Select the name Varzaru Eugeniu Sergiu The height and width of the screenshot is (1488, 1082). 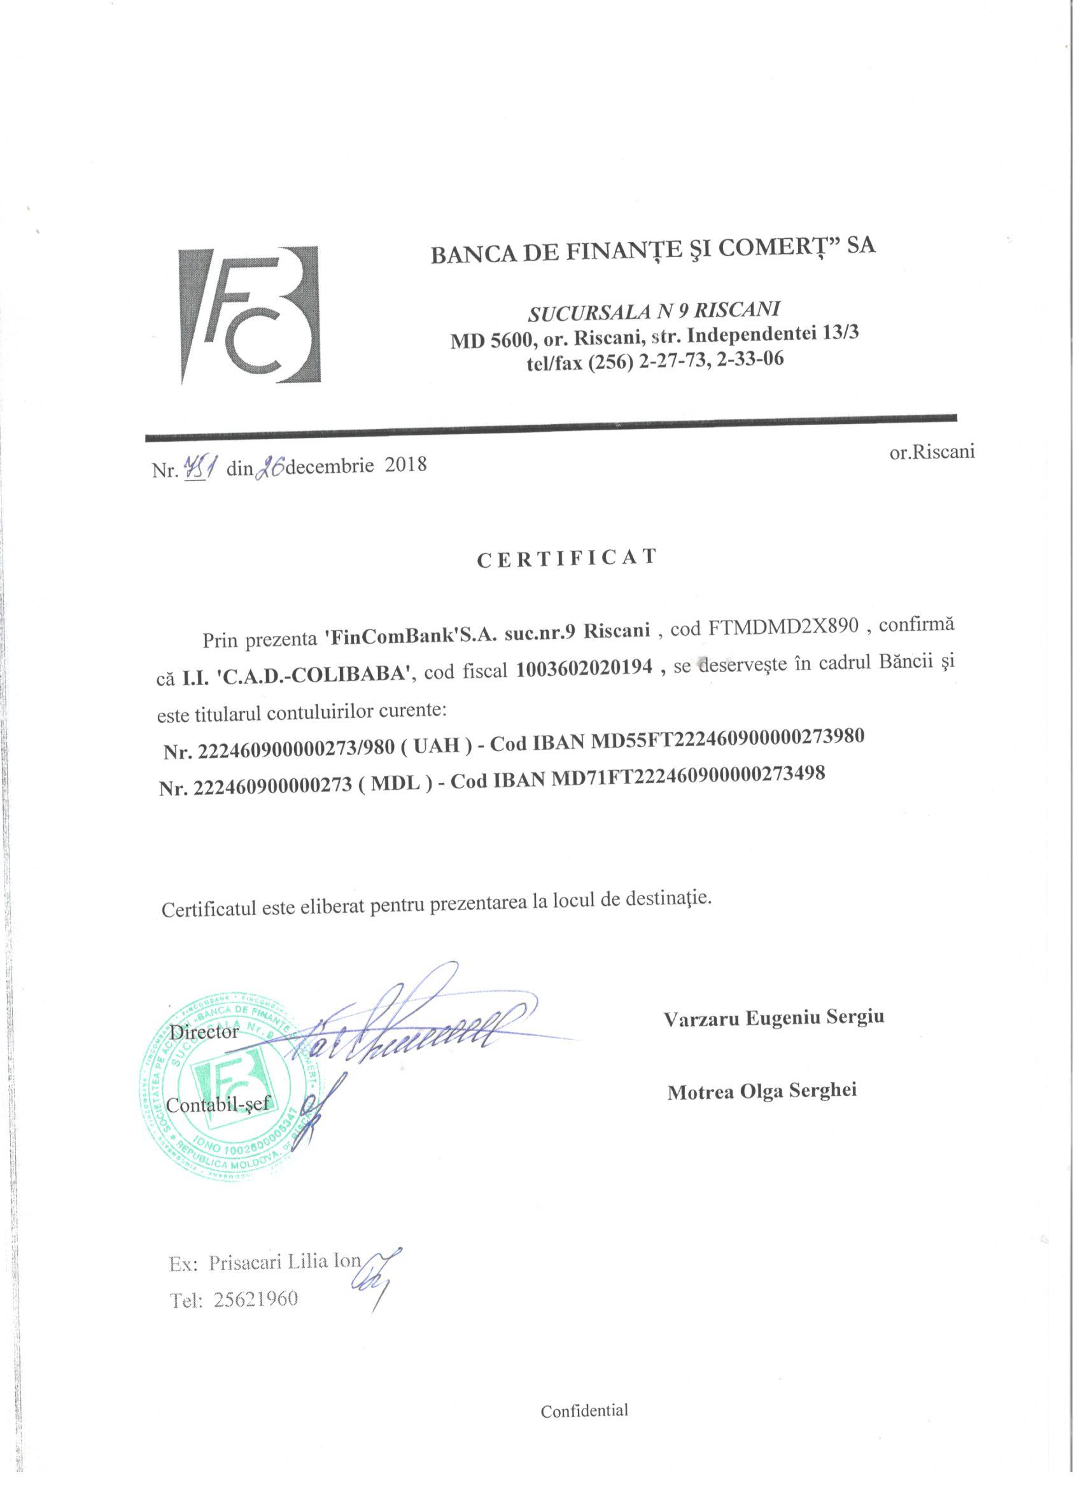773,1018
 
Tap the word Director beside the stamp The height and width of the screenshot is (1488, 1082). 204,1032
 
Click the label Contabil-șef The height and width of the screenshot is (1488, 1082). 218,1105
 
